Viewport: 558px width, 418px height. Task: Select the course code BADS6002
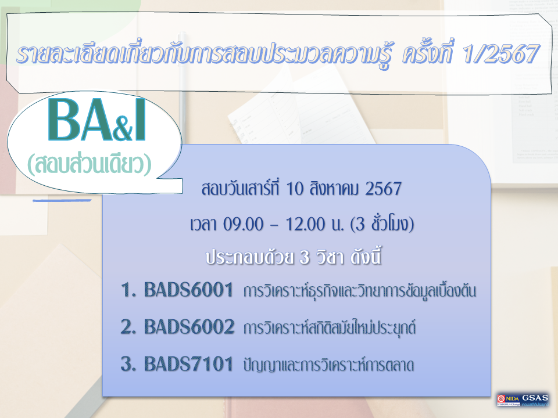(189, 328)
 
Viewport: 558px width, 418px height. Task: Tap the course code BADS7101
(188, 365)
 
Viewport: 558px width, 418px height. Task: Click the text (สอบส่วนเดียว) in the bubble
(89, 165)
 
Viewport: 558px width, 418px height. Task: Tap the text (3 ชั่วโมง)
(380, 224)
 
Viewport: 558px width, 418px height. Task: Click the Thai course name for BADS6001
(360, 291)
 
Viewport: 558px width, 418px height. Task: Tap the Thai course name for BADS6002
(330, 329)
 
